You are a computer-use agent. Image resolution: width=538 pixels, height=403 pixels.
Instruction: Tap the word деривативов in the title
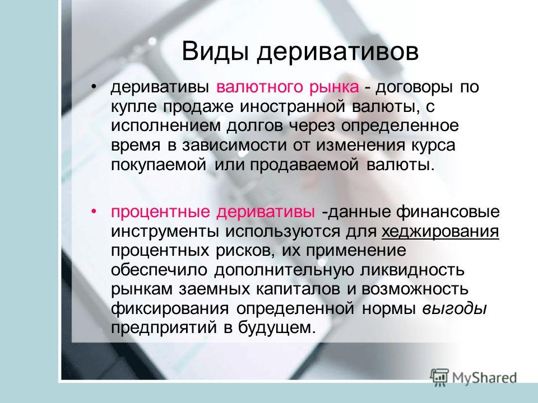[x=337, y=52]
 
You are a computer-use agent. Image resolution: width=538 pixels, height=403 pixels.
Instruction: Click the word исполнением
[x=166, y=126]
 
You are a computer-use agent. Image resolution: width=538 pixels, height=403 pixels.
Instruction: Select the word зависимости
[x=234, y=146]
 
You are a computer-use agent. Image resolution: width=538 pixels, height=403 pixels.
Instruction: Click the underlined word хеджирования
[x=440, y=232]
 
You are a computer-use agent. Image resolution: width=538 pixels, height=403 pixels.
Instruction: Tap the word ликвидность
[x=412, y=270]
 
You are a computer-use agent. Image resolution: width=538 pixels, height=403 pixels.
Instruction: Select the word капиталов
[x=298, y=289]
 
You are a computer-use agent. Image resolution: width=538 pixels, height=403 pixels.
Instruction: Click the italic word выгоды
[x=454, y=309]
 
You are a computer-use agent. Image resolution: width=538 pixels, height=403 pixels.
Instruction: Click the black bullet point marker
[x=94, y=86]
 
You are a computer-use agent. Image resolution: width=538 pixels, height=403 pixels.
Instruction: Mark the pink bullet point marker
[x=94, y=210]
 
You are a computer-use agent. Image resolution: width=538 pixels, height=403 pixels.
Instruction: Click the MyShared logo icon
[x=439, y=378]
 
